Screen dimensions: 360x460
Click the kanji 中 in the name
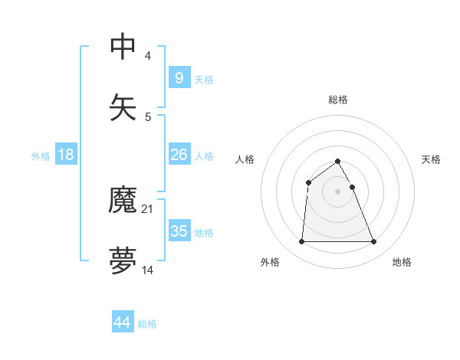123,47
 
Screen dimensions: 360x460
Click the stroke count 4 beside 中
147,56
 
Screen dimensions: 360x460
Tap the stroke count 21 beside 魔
149,208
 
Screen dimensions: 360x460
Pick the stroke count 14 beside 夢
149,270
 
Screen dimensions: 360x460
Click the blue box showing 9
179,77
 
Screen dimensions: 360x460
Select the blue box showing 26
179,155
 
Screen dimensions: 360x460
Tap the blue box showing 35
179,231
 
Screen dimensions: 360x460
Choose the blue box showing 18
66,155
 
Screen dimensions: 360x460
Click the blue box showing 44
123,322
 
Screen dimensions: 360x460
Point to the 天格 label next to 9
204,80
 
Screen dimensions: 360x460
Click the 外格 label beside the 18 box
41,156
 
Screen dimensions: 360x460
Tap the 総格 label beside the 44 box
147,324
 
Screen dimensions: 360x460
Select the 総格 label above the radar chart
338,100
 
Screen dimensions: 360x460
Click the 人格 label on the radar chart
245,159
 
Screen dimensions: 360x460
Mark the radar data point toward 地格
374,242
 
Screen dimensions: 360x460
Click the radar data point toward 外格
301,242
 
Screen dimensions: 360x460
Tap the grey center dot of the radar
337,191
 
